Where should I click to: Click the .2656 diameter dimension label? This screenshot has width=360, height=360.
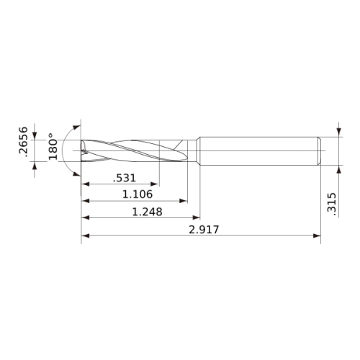click(x=23, y=142)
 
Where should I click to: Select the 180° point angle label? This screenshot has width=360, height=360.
click(x=53, y=146)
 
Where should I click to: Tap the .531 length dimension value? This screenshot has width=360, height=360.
click(x=125, y=178)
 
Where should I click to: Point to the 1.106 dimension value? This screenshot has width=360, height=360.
click(x=138, y=194)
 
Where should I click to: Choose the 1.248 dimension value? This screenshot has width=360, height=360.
click(x=148, y=212)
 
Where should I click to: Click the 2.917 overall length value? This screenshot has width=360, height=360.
click(x=204, y=230)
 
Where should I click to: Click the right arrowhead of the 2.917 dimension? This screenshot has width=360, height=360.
click(x=317, y=235)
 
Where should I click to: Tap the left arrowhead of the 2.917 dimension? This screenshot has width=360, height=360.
click(x=86, y=235)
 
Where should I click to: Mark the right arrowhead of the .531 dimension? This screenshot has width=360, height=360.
click(x=155, y=184)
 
